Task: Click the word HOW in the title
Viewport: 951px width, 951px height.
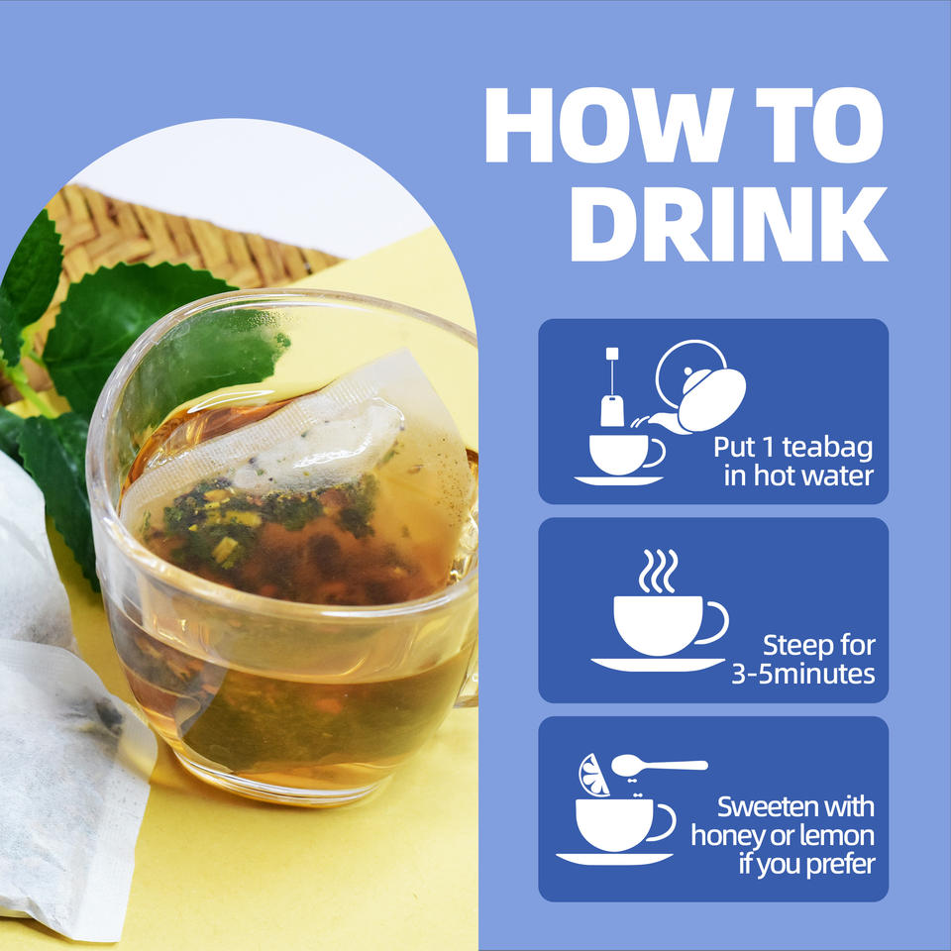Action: [609, 125]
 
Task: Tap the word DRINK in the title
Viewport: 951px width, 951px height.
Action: [729, 224]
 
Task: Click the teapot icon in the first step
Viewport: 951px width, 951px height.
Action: [696, 387]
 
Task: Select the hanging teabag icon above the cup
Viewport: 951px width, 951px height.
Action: [612, 387]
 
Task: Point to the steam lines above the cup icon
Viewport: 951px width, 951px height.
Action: [658, 571]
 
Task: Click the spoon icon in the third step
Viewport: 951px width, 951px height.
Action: [659, 766]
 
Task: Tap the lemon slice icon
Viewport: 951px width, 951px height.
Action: [593, 775]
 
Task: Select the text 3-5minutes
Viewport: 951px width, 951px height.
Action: [803, 675]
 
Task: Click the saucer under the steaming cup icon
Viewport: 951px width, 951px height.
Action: [658, 664]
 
